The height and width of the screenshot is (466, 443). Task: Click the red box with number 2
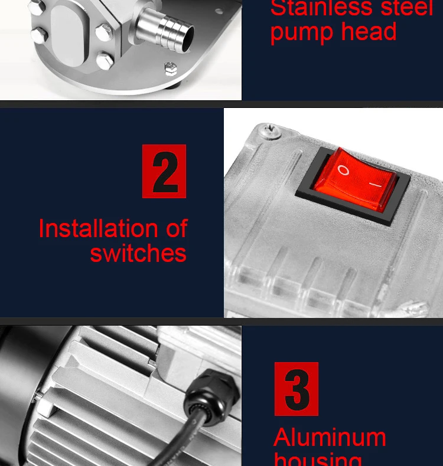pos(164,171)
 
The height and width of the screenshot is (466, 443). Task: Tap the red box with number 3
pos(297,389)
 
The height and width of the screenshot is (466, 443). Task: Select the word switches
pos(138,254)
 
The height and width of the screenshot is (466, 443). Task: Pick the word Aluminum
pos(330,438)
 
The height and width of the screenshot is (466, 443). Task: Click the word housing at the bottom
pos(318,459)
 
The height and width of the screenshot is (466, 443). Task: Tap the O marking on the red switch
pos(343,170)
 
